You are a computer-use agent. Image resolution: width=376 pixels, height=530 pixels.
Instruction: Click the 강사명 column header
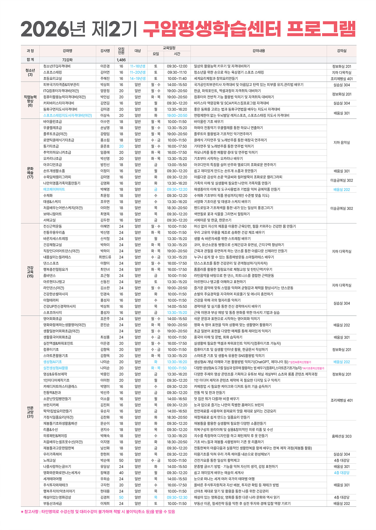[105, 51]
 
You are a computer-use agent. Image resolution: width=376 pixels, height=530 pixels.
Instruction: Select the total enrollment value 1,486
[121, 60]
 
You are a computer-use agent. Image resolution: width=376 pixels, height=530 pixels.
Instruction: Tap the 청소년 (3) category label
[30, 73]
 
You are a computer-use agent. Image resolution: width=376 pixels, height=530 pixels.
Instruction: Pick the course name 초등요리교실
[53, 79]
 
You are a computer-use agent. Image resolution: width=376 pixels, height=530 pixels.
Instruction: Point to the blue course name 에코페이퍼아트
[54, 190]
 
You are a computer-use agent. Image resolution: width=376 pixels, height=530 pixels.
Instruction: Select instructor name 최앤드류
[105, 257]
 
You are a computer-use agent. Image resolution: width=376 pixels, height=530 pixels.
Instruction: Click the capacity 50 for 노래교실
[121, 460]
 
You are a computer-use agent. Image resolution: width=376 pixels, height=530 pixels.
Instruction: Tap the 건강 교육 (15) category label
[30, 272]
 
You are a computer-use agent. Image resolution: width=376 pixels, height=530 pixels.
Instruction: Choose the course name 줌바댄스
[49, 276]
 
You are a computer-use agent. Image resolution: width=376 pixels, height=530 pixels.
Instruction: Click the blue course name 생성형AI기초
[53, 362]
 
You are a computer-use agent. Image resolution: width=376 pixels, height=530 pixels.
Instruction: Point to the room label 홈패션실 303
[342, 436]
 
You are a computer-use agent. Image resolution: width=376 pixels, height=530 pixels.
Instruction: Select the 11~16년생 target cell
[137, 66]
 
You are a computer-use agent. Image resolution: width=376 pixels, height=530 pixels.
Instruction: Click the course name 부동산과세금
[53, 504]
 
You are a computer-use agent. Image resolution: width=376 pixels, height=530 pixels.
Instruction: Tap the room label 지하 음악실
[342, 143]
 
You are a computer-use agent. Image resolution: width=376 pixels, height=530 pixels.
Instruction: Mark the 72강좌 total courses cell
[67, 60]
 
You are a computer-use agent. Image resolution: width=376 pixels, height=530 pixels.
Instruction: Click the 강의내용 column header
[258, 51]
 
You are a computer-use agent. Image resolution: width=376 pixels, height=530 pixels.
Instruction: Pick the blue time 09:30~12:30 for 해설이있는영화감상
[177, 497]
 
